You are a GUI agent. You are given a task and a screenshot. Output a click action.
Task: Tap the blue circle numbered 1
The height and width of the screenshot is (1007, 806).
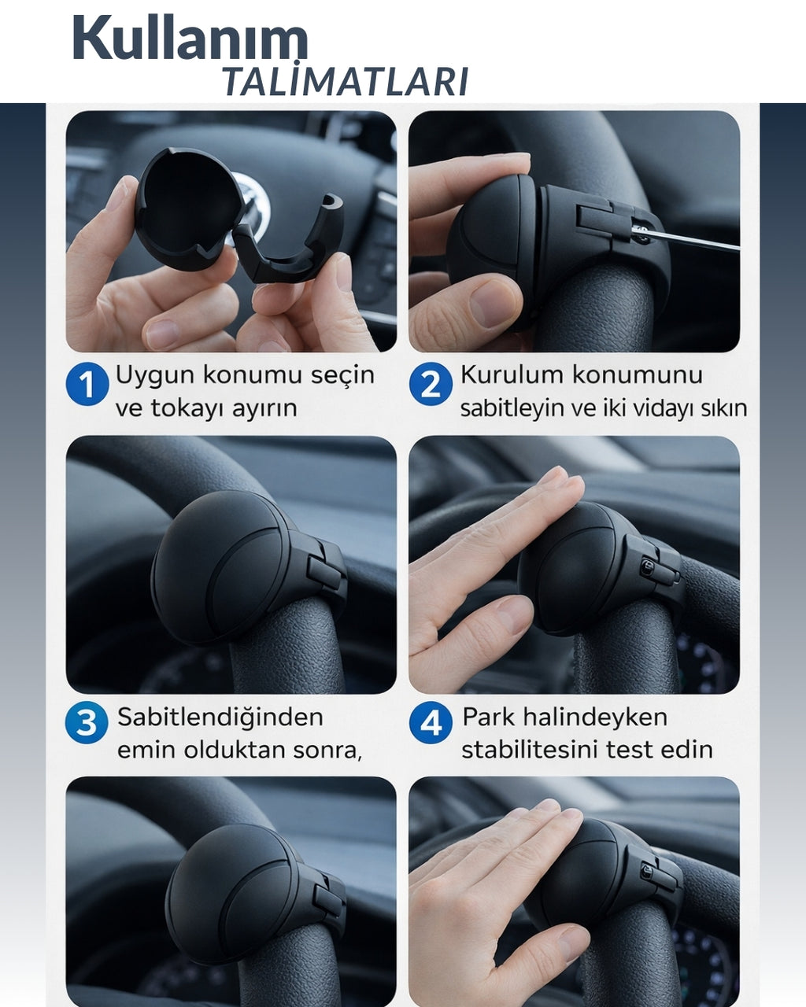pyautogui.click(x=87, y=385)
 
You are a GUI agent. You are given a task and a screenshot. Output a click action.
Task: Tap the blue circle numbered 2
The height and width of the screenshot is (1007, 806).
pyautogui.click(x=430, y=385)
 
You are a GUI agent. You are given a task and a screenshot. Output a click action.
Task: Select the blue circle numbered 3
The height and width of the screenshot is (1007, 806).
pyautogui.click(x=87, y=723)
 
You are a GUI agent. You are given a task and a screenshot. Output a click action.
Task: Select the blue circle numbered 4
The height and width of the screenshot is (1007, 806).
pyautogui.click(x=431, y=723)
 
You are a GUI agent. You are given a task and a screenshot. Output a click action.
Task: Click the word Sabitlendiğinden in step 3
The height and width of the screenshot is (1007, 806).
pyautogui.click(x=220, y=717)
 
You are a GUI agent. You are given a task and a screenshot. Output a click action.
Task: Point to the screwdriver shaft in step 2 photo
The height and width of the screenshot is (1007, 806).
pyautogui.click(x=693, y=240)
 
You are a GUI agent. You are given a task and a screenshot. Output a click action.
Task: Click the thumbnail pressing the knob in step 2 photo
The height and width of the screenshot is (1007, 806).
pyautogui.click(x=491, y=303)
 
